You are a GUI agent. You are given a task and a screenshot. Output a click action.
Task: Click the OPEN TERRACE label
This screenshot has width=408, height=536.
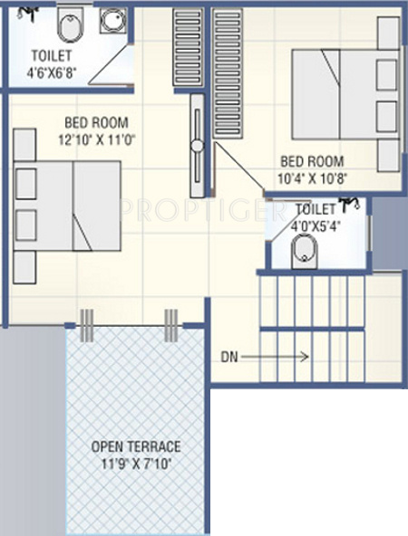click(136, 446)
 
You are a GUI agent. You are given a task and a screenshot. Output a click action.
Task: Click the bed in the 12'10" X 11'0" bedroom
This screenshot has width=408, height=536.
click(68, 208)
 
